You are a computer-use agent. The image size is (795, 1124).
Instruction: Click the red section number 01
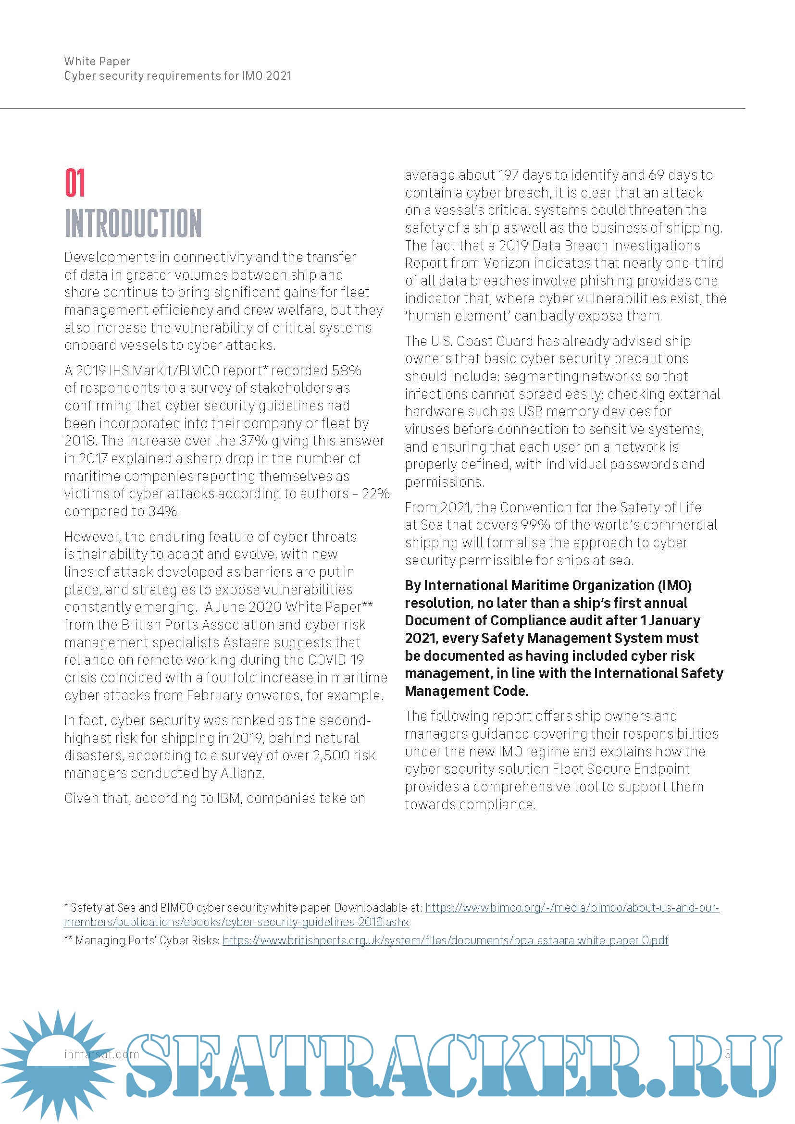coord(75,183)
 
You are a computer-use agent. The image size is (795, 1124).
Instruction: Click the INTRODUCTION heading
coord(133,223)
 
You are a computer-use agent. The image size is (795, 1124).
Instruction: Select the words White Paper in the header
coord(98,61)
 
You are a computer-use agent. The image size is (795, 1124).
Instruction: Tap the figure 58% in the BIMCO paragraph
coord(347,371)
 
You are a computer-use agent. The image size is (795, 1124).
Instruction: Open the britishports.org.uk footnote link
coord(445,940)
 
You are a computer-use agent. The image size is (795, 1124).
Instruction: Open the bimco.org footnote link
coord(572,908)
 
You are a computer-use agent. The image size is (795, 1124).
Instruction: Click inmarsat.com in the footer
coord(101,1054)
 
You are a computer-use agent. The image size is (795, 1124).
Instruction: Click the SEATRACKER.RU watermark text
coord(450,1066)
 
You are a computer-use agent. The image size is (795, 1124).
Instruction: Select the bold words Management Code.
coord(467,691)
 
